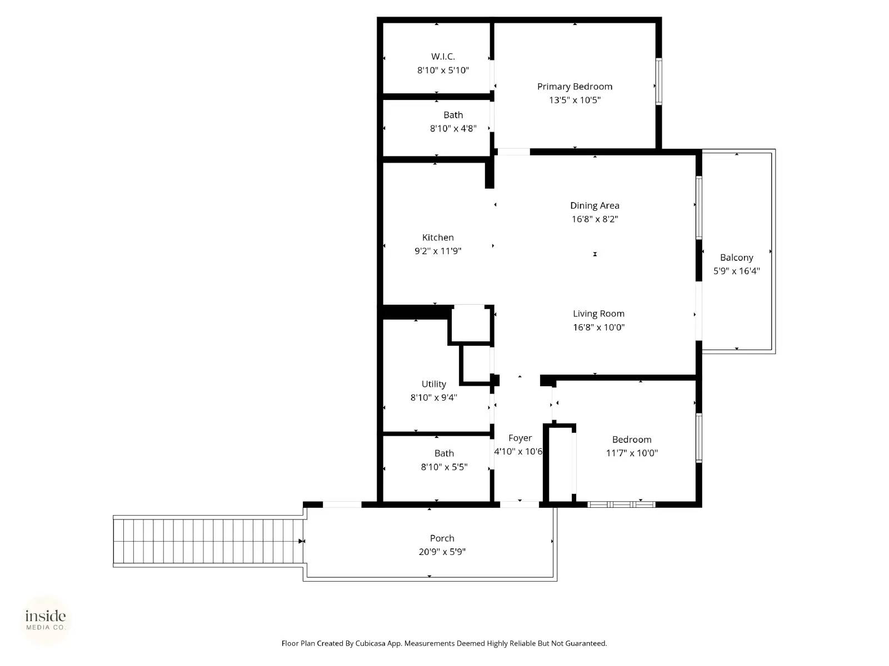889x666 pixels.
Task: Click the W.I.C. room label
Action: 443,57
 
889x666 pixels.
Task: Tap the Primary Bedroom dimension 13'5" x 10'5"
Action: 575,100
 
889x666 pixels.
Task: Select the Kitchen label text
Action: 438,238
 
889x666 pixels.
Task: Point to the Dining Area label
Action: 595,205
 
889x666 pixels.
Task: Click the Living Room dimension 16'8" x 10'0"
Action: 598,327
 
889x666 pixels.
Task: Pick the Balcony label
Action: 736,258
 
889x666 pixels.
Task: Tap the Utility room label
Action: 433,384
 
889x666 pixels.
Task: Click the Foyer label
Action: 520,438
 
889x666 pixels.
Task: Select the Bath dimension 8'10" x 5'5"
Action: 444,467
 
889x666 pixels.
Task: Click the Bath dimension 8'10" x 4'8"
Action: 453,129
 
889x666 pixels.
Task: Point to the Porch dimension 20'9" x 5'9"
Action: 442,552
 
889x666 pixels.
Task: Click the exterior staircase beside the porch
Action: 208,541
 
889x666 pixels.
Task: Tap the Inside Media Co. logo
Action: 46,620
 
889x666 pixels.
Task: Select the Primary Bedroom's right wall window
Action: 658,82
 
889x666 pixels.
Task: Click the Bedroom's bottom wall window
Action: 621,504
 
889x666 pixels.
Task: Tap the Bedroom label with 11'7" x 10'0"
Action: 632,440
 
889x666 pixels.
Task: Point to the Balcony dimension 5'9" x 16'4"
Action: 736,271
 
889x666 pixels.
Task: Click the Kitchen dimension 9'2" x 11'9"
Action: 438,251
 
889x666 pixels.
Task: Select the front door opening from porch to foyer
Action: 520,504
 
